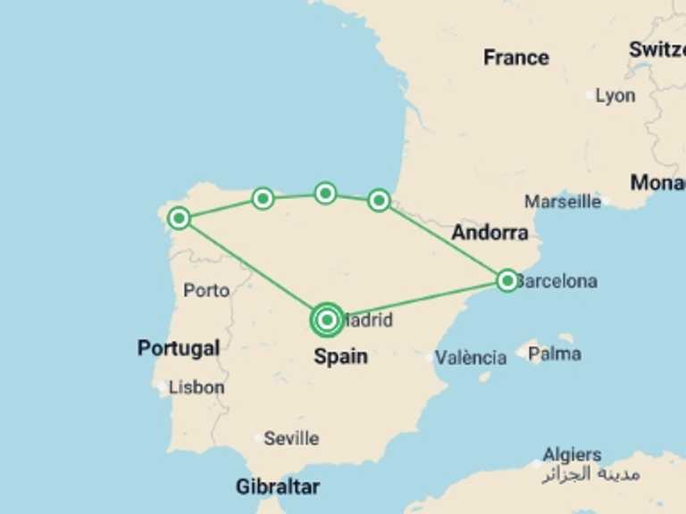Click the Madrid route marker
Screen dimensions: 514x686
327,319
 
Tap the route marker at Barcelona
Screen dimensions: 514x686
507,281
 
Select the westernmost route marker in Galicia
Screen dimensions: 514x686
180,218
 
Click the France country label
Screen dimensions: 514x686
515,58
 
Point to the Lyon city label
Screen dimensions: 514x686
615,95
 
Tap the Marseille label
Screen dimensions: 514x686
563,202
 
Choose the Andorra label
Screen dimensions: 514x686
489,234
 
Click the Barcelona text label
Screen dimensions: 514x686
557,282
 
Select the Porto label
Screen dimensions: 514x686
206,290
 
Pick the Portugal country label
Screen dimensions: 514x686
179,348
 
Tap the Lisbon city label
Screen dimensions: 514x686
197,387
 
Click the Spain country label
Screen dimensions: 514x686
340,357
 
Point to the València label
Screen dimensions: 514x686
471,358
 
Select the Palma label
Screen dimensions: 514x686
555,354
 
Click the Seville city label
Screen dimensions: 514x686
291,438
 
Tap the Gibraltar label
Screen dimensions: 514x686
278,487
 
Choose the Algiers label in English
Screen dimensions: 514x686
573,455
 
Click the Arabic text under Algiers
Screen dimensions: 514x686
590,474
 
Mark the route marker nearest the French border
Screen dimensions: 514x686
379,200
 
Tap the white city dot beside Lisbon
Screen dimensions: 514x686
161,388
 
